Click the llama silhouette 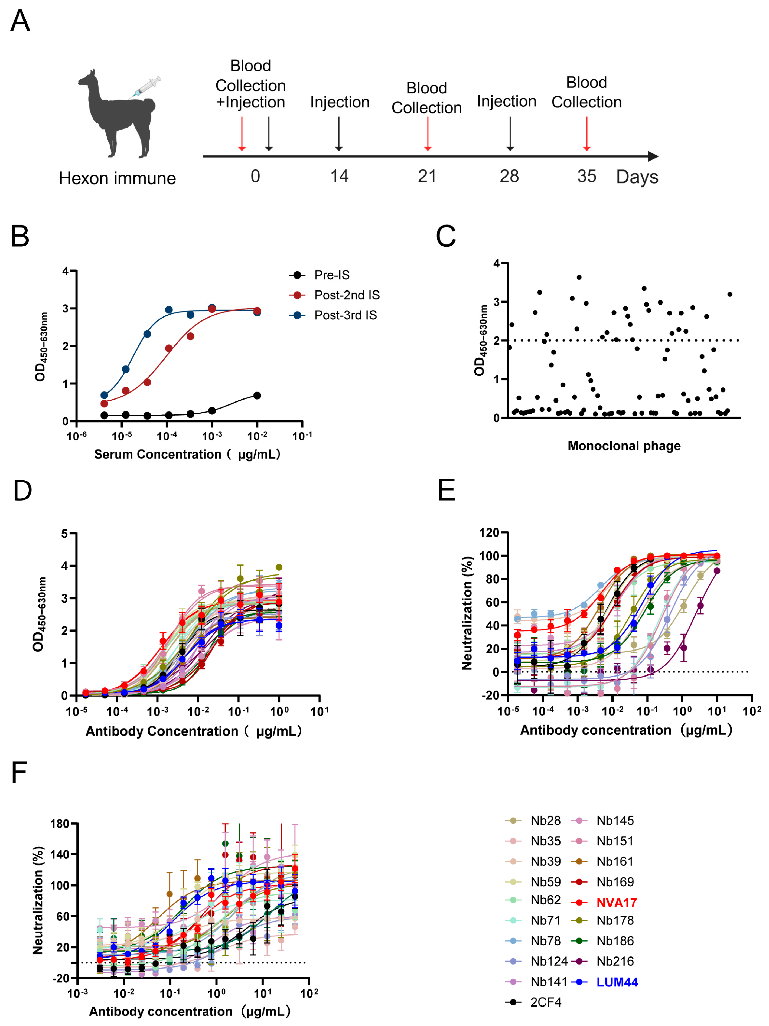coord(116,116)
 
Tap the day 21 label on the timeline coord(427,176)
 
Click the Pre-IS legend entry coord(332,275)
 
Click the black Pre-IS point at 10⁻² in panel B coord(257,396)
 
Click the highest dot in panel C coord(579,277)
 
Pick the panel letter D coord(22,491)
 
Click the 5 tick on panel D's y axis coord(65,534)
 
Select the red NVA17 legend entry coord(616,903)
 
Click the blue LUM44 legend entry coord(617,982)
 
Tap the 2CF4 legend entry coord(545,1002)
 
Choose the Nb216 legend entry coord(615,962)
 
